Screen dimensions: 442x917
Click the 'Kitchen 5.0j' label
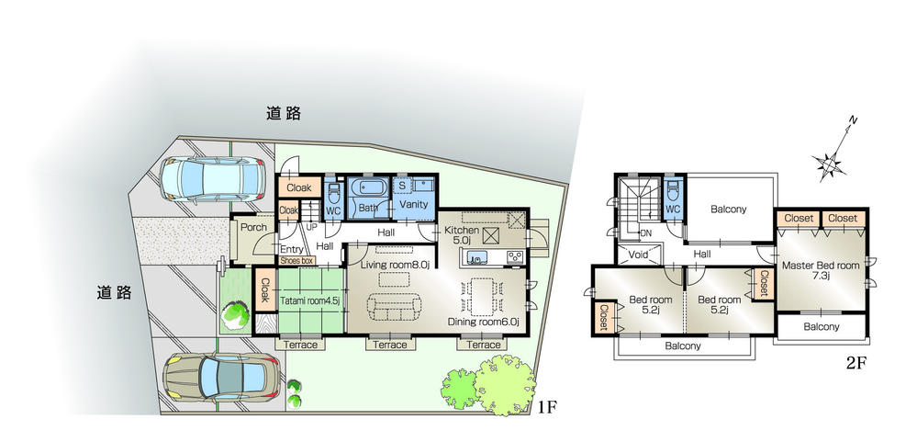tap(462, 235)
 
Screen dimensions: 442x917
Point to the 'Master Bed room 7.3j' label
tap(821, 270)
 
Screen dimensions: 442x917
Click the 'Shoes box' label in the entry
tap(296, 261)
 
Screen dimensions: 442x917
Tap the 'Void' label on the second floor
tap(640, 254)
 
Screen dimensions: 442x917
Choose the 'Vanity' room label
tap(411, 205)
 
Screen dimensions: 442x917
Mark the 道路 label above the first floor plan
tap(284, 114)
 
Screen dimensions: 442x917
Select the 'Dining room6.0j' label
tap(484, 323)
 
